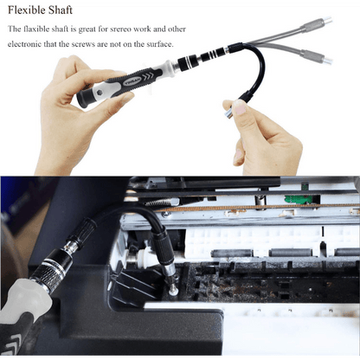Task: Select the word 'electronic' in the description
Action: coord(29,44)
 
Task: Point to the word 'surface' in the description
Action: coord(158,44)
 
